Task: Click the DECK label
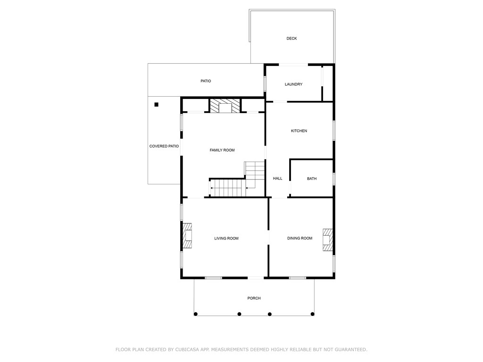291,39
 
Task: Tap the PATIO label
206,81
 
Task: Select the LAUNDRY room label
293,84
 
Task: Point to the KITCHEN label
299,131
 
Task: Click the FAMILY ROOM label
222,150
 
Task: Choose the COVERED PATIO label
164,146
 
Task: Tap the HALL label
277,179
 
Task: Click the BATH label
312,179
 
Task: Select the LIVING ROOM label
226,238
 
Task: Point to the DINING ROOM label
300,238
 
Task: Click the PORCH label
254,298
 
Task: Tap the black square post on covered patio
157,105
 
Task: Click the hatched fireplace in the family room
225,106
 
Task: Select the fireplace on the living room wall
187,236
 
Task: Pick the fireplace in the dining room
328,240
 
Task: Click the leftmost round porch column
196,314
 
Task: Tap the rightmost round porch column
312,314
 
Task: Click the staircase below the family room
237,180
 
